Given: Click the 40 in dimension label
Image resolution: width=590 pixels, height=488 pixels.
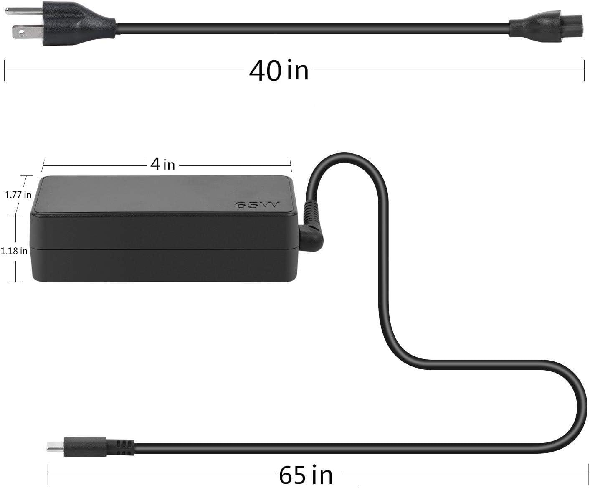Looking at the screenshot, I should point(279,70).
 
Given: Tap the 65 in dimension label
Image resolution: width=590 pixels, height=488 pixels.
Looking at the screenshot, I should point(306,475).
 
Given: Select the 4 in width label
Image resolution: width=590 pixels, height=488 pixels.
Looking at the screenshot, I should point(162,165).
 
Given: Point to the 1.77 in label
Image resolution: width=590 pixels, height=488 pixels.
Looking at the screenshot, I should point(18,195).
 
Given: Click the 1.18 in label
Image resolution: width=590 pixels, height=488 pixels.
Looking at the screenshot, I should point(14,251).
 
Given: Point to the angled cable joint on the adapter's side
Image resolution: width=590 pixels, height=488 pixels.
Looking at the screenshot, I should point(311,234).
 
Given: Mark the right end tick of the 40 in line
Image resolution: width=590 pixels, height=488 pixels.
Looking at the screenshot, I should point(584,70).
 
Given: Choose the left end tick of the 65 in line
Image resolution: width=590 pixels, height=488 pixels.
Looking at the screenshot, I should point(47,475).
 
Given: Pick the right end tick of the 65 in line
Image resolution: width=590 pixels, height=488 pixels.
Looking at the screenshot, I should point(588,475).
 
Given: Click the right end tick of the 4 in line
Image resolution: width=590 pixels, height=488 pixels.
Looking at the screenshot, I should point(291,165).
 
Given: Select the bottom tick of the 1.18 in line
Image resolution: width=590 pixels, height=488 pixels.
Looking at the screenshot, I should point(16,282).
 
